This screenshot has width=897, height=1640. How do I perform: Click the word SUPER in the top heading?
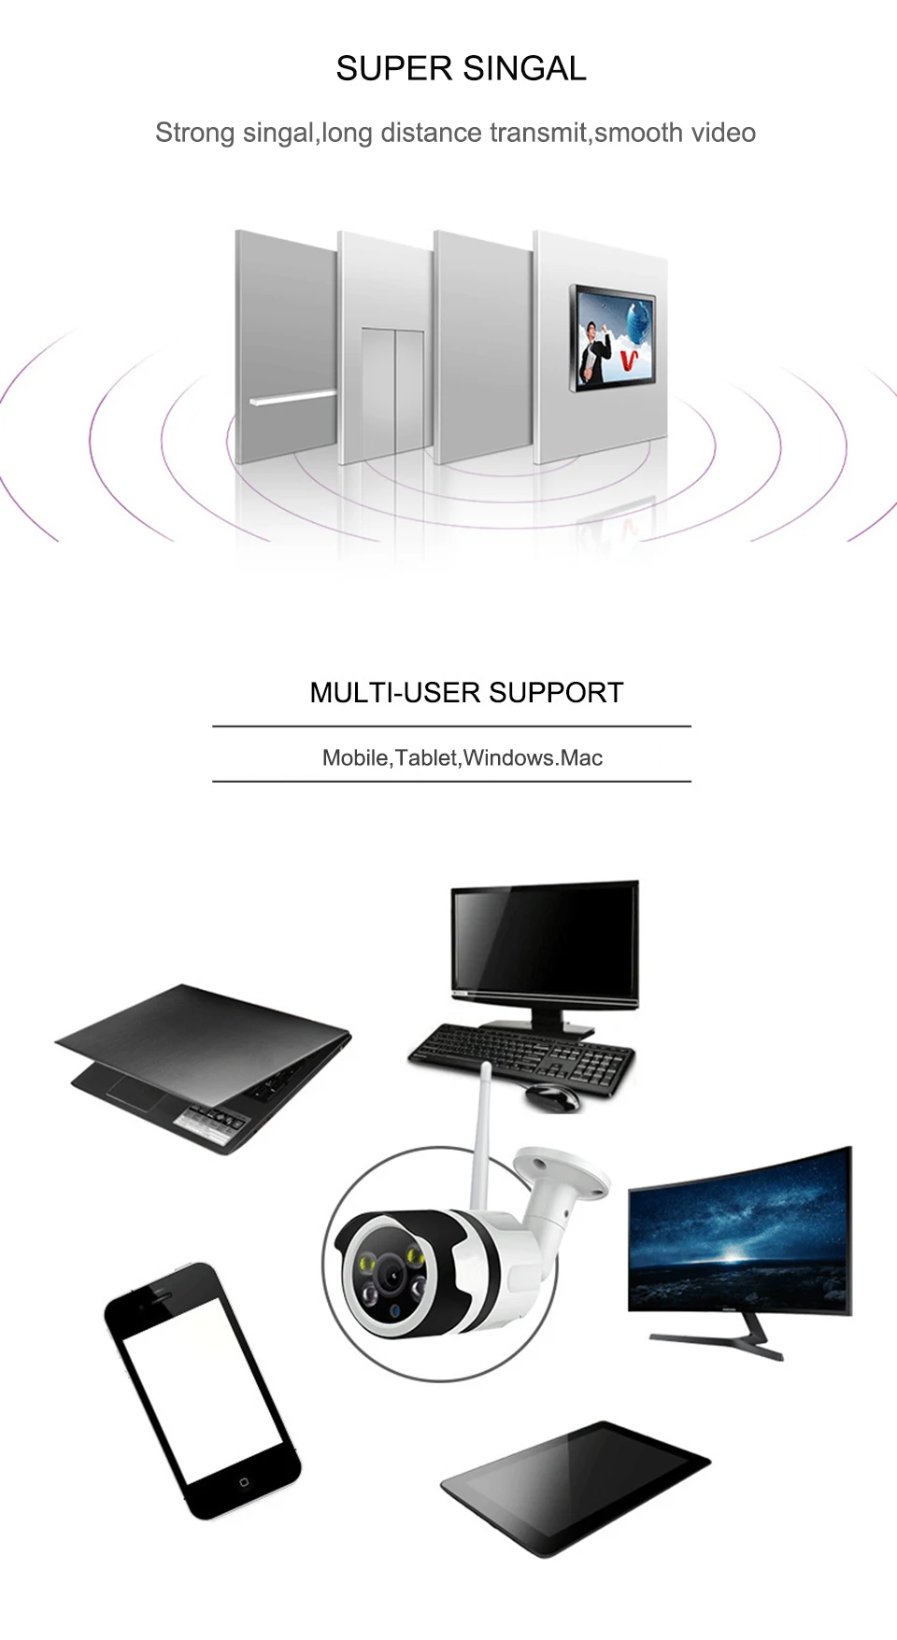pos(394,68)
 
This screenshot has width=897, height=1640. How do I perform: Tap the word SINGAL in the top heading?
pos(524,68)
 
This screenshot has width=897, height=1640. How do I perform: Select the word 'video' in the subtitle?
pos(723,133)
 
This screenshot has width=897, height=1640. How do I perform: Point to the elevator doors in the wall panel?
pos(393,391)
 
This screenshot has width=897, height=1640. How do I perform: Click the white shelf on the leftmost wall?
pos(292,398)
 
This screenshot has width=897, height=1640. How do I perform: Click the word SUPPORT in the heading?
pos(555,692)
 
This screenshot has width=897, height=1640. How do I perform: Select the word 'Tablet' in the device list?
pos(426,757)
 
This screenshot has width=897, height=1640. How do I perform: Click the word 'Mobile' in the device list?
pos(355,757)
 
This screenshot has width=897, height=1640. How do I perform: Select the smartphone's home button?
pos(244,1482)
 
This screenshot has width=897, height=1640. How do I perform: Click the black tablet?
pos(576,1487)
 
